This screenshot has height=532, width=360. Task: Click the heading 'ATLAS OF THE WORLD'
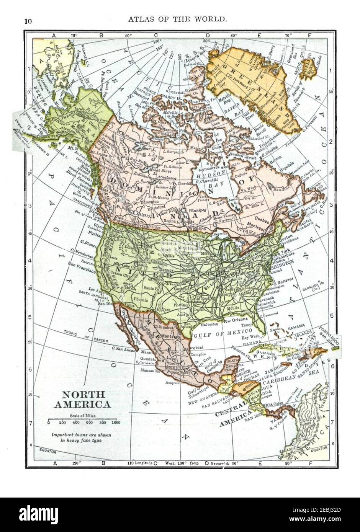click(x=180, y=18)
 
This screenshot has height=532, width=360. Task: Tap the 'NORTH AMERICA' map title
click(x=82, y=399)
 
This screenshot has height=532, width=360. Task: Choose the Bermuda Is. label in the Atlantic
click(x=314, y=287)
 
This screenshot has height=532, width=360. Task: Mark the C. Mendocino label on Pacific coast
click(x=81, y=253)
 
